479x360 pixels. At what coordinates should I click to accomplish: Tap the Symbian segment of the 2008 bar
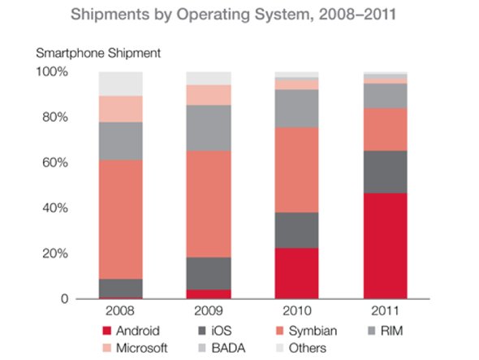tap(121, 219)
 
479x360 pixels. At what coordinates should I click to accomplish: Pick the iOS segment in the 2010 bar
tap(297, 230)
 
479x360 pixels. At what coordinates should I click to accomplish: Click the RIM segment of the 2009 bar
tap(209, 128)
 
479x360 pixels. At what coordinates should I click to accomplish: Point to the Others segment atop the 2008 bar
tap(121, 84)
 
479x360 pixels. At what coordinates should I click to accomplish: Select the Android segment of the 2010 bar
tap(297, 273)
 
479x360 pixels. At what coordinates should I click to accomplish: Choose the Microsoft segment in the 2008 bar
tap(121, 109)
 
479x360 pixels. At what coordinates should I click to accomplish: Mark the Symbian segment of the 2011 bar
tap(385, 129)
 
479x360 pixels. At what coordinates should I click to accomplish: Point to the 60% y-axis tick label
tap(53, 163)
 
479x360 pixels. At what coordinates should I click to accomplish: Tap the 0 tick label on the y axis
tap(62, 299)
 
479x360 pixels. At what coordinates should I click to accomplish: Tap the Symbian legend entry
tap(311, 331)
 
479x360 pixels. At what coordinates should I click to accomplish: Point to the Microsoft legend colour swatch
tap(105, 348)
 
